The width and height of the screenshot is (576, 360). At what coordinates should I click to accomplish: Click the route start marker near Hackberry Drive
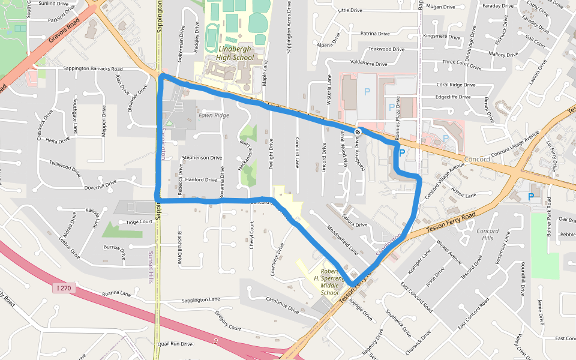point(358,131)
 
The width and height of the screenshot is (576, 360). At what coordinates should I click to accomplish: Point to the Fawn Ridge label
point(214,115)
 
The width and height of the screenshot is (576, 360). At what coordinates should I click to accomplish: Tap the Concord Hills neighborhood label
point(487,235)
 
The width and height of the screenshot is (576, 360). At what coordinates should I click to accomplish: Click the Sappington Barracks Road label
point(92,69)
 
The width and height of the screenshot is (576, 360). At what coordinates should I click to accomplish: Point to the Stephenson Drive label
point(202,158)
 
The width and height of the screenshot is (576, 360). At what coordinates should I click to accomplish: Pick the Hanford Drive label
point(201,179)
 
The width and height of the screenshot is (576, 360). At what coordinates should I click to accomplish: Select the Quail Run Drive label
point(175,344)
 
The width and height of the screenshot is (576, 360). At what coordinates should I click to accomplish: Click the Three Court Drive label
point(461,62)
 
